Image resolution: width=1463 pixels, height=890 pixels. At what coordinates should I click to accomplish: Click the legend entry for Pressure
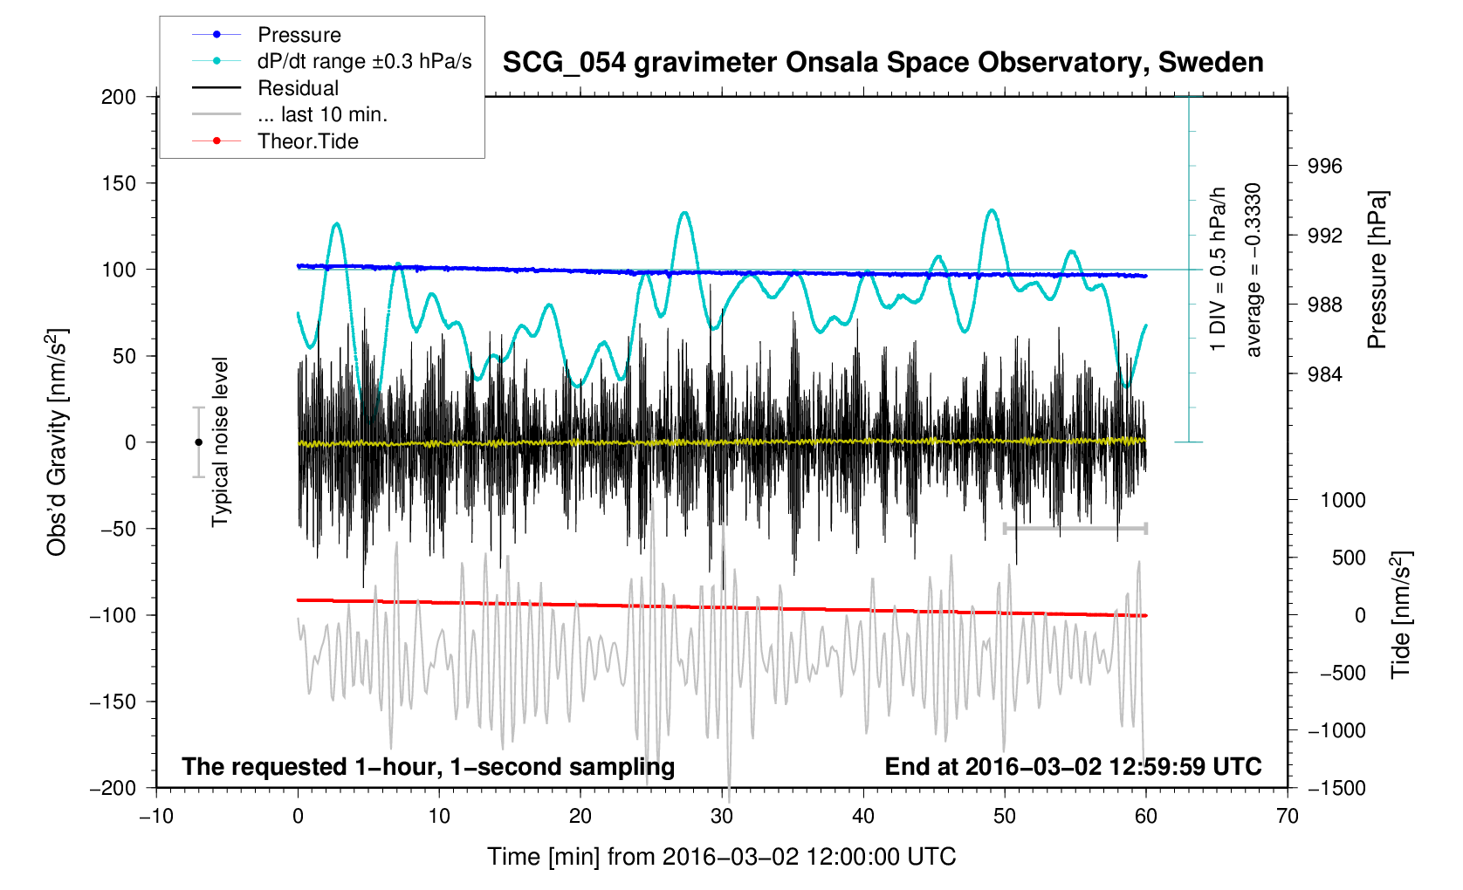[x=299, y=35]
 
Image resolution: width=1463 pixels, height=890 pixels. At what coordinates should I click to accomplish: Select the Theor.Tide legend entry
[x=307, y=141]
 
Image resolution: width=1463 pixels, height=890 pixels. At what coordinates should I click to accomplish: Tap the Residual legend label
[x=298, y=88]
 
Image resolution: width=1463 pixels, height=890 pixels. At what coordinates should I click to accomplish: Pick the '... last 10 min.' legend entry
[x=322, y=114]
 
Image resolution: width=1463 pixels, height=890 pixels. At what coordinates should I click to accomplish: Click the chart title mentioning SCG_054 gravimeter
[x=883, y=63]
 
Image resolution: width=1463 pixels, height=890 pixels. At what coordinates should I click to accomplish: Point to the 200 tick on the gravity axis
[x=119, y=97]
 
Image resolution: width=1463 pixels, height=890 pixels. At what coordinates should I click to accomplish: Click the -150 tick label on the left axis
[x=113, y=702]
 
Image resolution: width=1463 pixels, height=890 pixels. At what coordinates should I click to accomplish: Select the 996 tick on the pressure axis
[x=1324, y=167]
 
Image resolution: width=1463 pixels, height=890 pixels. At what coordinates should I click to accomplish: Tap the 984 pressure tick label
[x=1324, y=374]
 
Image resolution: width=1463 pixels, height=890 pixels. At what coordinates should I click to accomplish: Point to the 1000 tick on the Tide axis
[x=1343, y=500]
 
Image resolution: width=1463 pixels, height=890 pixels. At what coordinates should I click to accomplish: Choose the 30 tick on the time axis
[x=722, y=817]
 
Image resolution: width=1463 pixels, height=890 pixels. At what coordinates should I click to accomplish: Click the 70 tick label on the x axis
[x=1287, y=817]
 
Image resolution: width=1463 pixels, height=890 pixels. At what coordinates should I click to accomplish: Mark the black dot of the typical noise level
[x=199, y=442]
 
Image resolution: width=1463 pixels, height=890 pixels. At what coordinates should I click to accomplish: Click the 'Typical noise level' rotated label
[x=220, y=442]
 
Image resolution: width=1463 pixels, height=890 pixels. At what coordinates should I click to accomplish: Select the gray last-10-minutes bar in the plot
[x=1075, y=528]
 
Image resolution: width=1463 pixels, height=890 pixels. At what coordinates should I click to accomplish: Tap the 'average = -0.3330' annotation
[x=1254, y=270]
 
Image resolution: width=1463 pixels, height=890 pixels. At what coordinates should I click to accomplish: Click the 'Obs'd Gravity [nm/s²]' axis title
[x=57, y=442]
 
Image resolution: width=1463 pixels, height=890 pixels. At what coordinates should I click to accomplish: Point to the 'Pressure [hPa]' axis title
[x=1377, y=270]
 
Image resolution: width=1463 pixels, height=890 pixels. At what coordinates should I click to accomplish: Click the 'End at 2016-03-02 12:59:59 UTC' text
[x=1073, y=767]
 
